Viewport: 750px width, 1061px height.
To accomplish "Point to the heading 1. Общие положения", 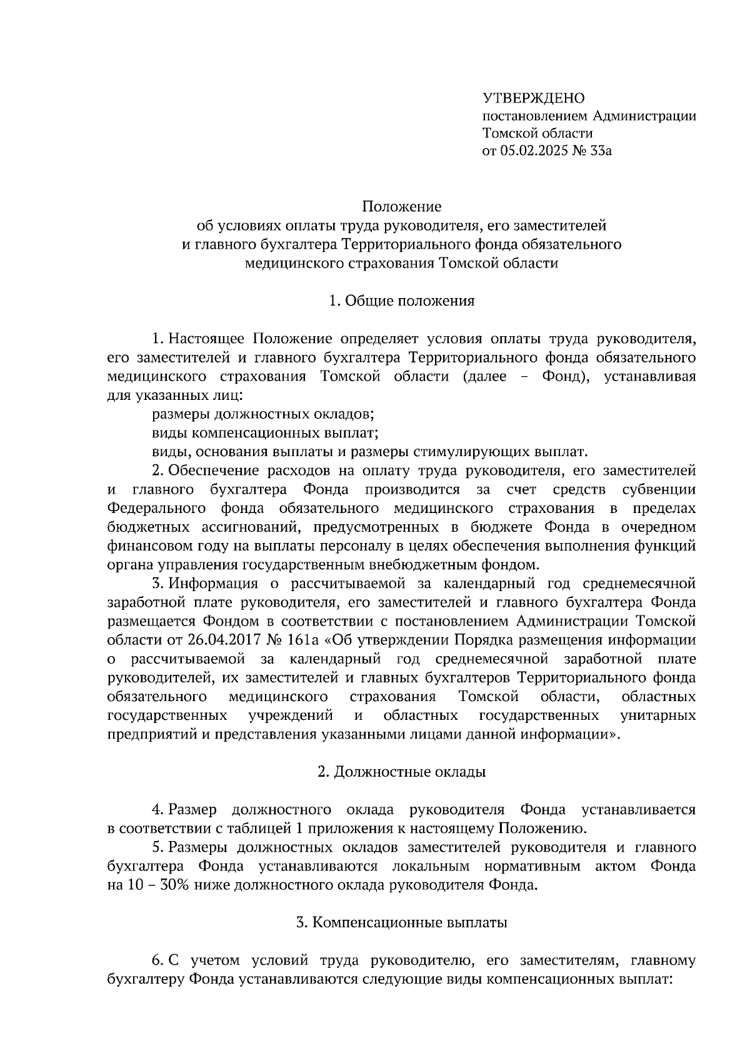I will [x=401, y=301].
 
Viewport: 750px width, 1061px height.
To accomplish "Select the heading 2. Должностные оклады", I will [x=401, y=772].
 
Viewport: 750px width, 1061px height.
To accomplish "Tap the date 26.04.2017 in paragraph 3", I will [x=217, y=640].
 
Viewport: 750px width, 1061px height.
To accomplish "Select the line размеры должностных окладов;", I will [x=263, y=414].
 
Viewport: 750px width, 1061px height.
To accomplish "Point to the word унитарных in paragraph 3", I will [x=658, y=715].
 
